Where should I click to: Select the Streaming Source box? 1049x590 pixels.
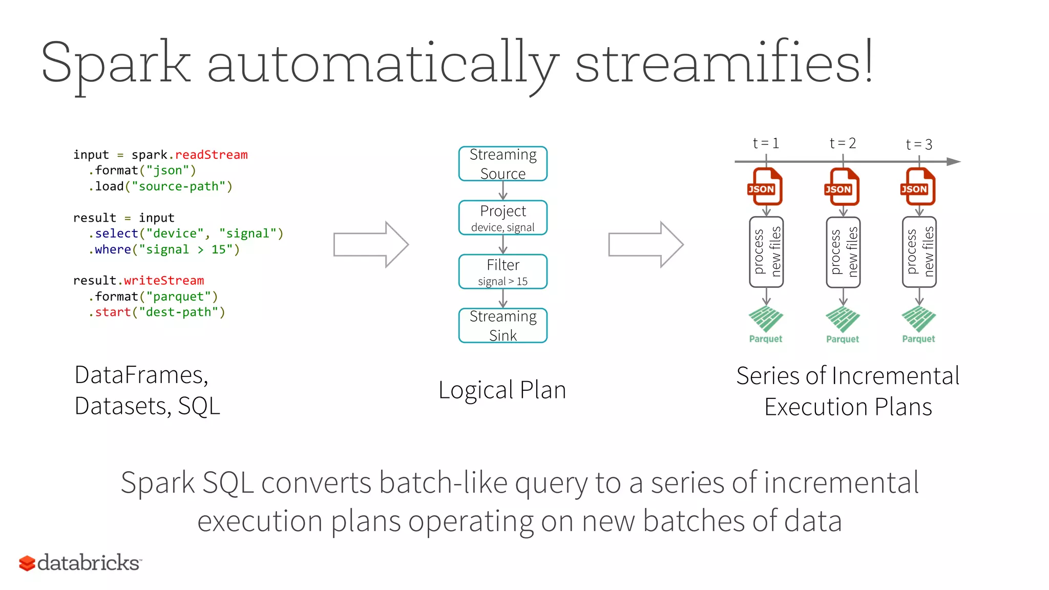tap(502, 164)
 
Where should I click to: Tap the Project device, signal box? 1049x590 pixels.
tap(502, 218)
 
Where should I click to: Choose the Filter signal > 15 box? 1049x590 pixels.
tap(502, 271)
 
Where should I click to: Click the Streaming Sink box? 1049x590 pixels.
tap(502, 325)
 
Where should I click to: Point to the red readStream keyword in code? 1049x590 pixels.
tap(211, 155)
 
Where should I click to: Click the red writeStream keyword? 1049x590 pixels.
tap(163, 281)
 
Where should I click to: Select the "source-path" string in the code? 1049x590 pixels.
tap(182, 186)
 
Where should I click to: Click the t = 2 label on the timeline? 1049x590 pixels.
tap(843, 143)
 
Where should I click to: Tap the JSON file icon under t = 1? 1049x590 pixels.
tap(765, 187)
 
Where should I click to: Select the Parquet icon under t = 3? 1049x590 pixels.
tap(918, 320)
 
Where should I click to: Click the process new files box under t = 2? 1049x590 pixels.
tap(843, 252)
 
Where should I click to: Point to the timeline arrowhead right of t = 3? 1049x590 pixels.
tap(953, 162)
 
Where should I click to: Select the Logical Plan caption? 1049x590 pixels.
tap(502, 390)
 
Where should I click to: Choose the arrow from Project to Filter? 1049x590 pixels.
tap(503, 244)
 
